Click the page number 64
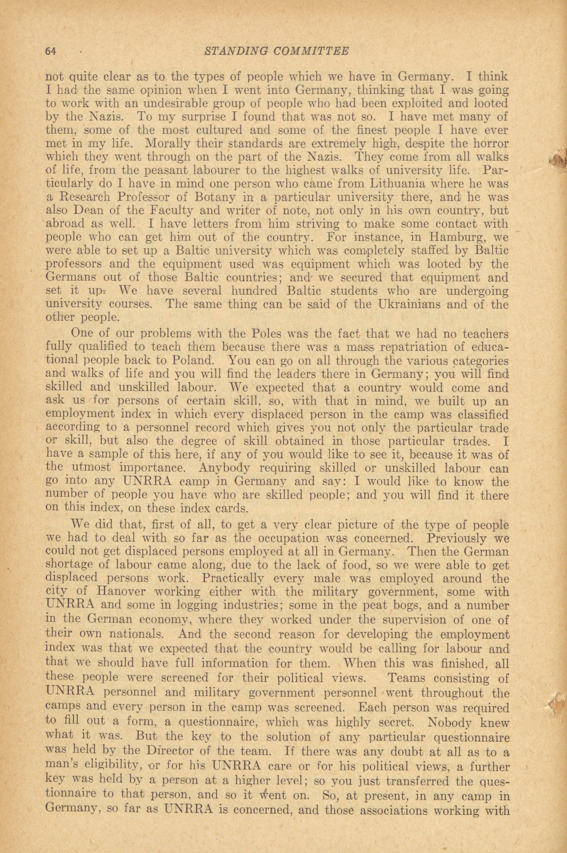point(51,51)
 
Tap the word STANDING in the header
point(235,51)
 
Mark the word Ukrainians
point(410,304)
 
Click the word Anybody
point(224,469)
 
